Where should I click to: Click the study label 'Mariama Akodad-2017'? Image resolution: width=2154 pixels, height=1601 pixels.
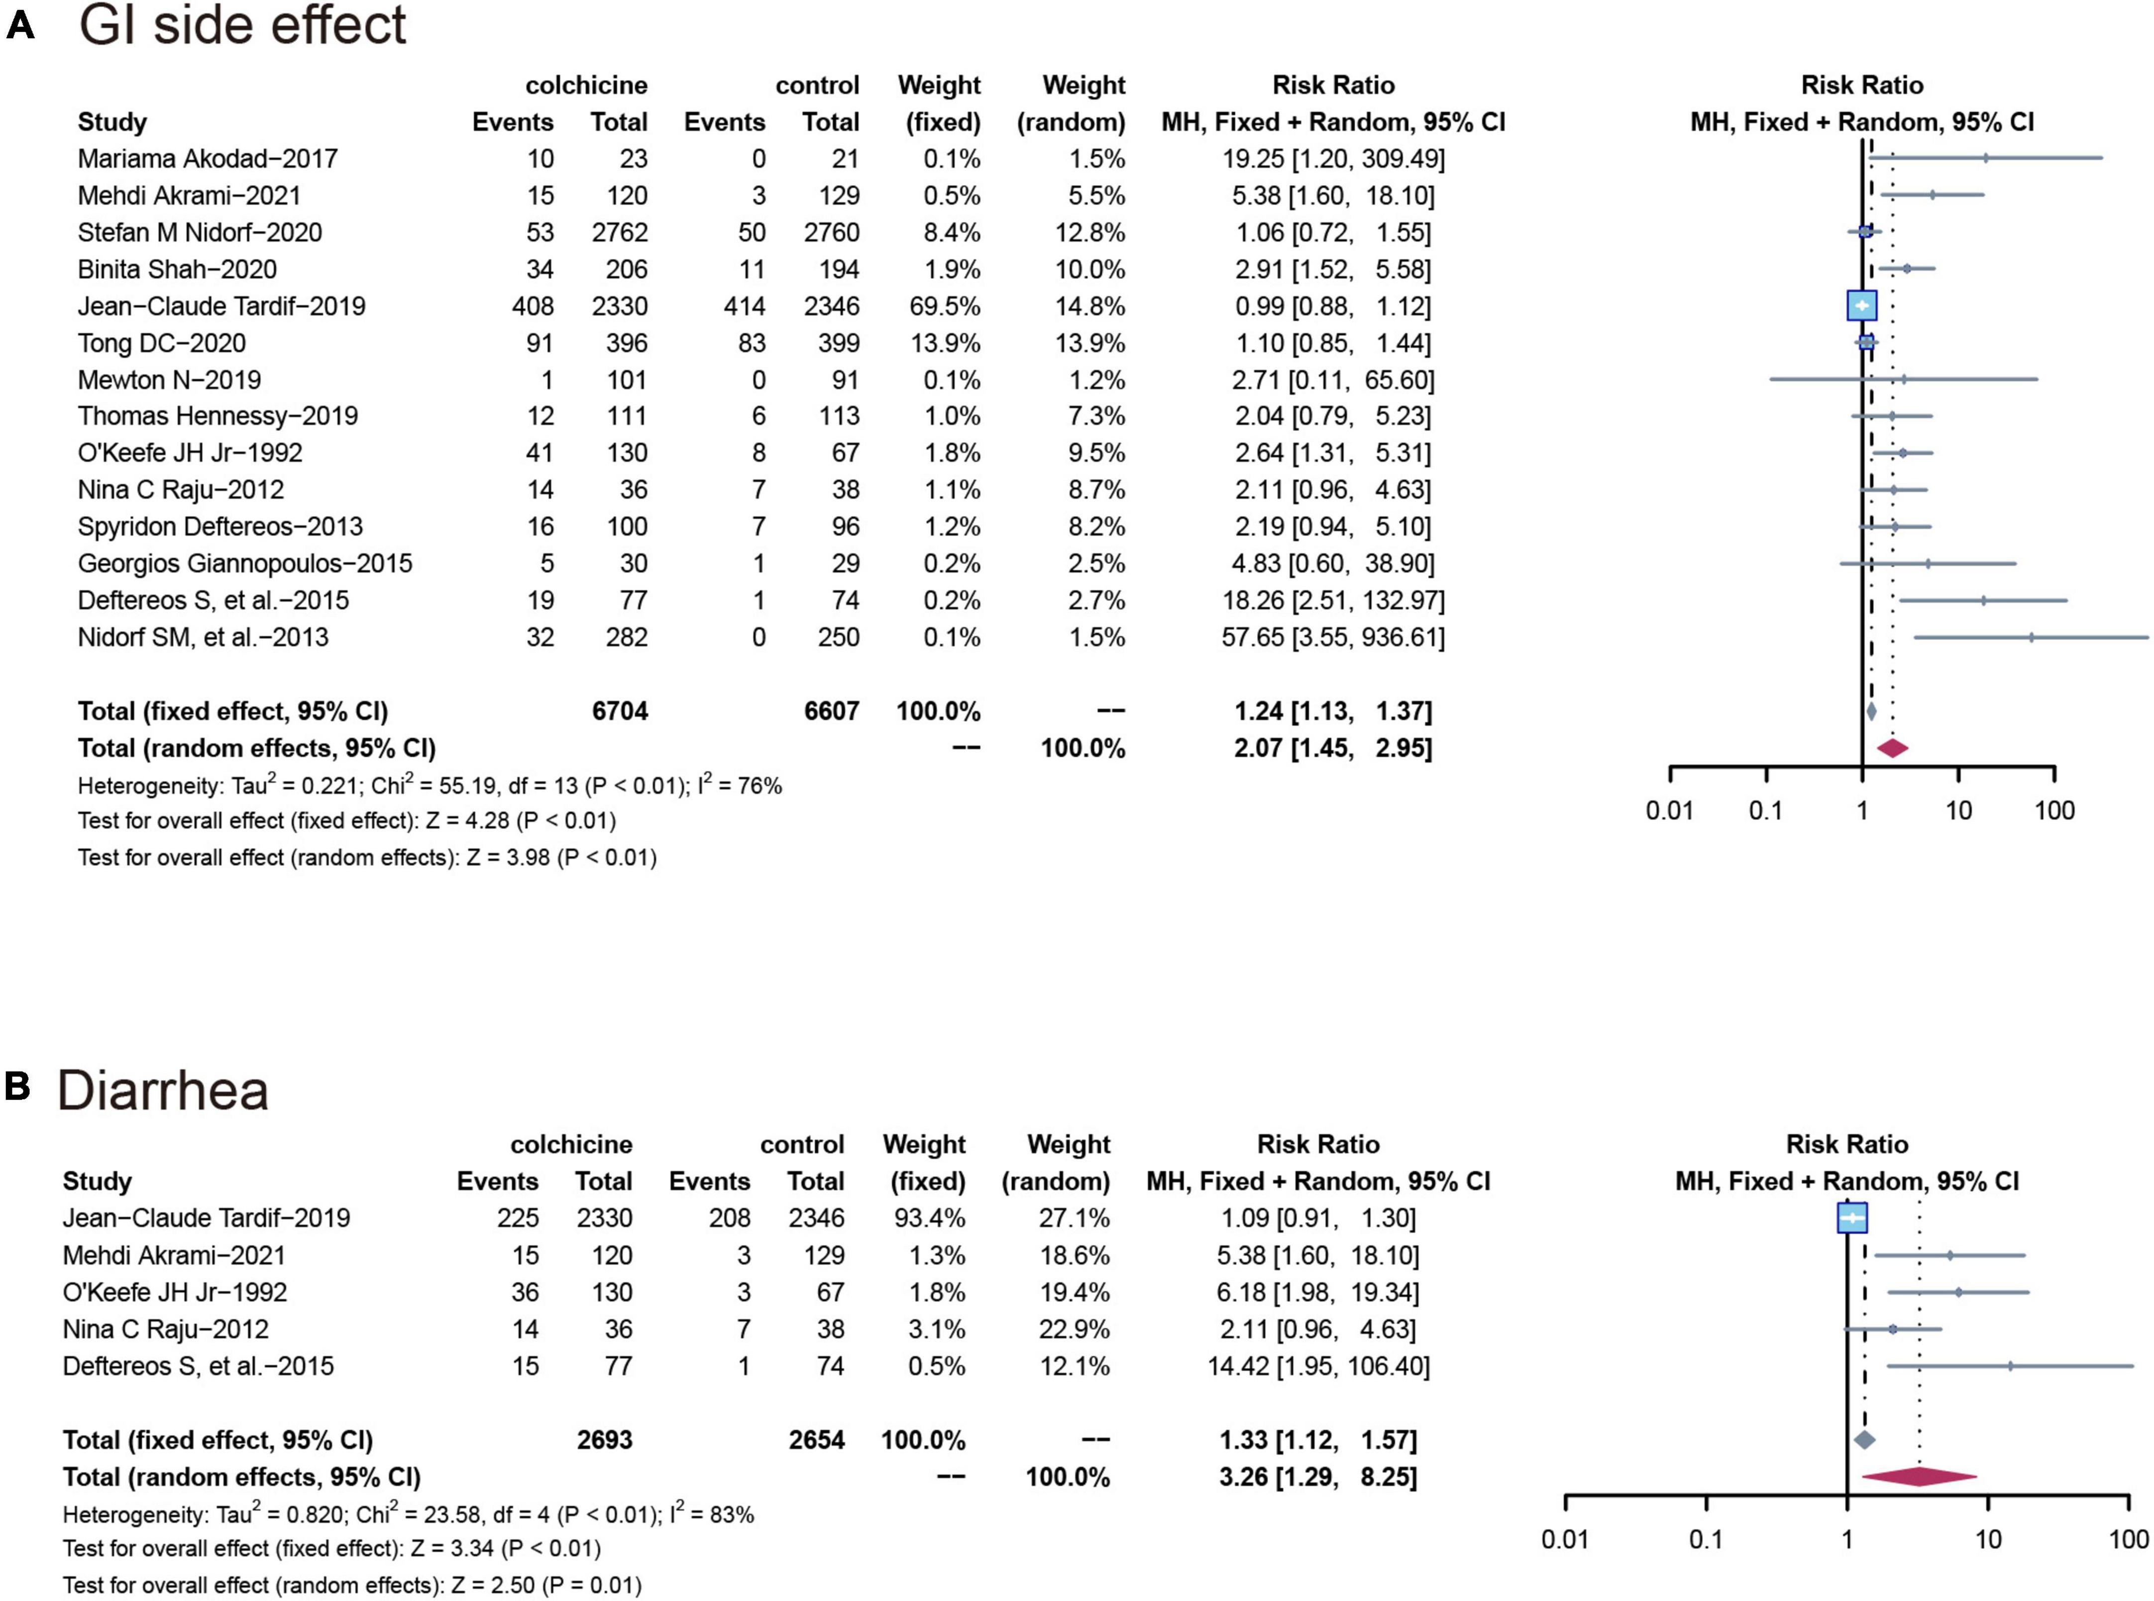(x=208, y=159)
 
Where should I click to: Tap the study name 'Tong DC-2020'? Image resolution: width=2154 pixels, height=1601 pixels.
(x=162, y=343)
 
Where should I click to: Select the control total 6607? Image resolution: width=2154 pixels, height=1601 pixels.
(x=831, y=711)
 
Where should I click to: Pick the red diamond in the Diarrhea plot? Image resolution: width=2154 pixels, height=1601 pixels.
(x=1919, y=1477)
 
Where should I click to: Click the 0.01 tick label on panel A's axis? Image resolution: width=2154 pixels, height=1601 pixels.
(x=1670, y=811)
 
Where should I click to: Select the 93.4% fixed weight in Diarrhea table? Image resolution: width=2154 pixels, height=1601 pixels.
(x=923, y=1218)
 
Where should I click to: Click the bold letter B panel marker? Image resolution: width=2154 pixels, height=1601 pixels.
(x=17, y=1086)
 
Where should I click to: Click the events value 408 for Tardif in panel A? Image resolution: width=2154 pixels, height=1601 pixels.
(x=533, y=306)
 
